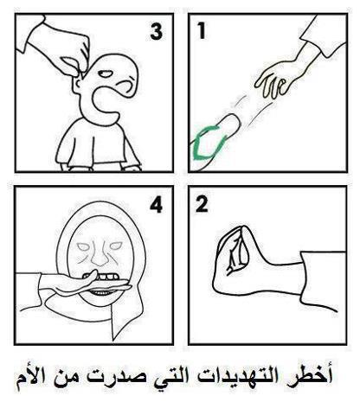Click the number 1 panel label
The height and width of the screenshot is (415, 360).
(202, 31)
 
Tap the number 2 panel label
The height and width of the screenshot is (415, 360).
(202, 204)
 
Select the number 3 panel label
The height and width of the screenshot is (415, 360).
(157, 31)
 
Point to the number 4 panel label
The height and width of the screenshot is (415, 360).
(157, 205)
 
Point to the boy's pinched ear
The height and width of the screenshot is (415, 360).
(77, 84)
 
